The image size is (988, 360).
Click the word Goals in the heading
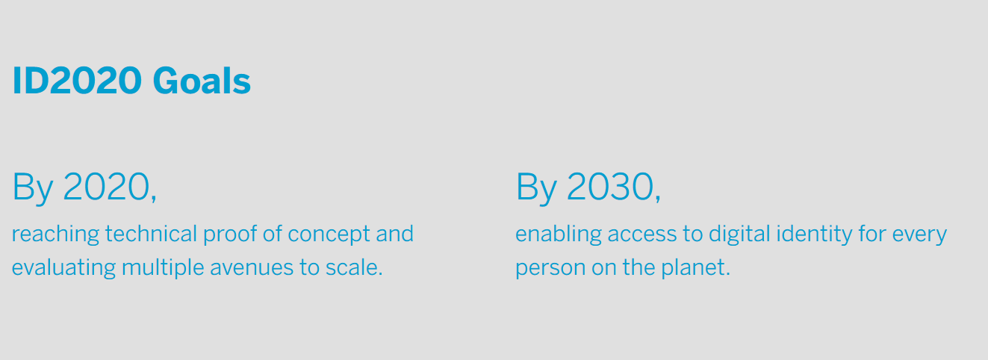[x=202, y=81]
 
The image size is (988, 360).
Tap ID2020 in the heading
[x=76, y=81]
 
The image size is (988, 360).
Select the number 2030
[x=609, y=187]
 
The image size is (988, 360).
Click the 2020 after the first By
[x=106, y=187]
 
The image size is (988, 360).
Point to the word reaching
[x=55, y=235]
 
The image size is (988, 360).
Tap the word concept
[x=329, y=235]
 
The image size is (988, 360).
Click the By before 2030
[x=536, y=187]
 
